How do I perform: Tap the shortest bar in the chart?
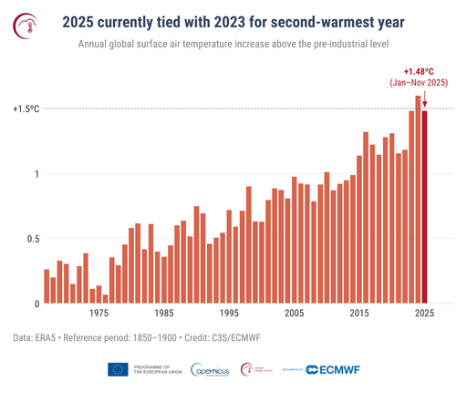(x=105, y=298)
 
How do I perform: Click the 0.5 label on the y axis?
(x=31, y=239)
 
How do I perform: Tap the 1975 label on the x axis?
(x=99, y=314)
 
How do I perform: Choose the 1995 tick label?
(x=229, y=314)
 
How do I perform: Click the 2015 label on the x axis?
(x=359, y=314)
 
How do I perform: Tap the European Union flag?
(x=118, y=369)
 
